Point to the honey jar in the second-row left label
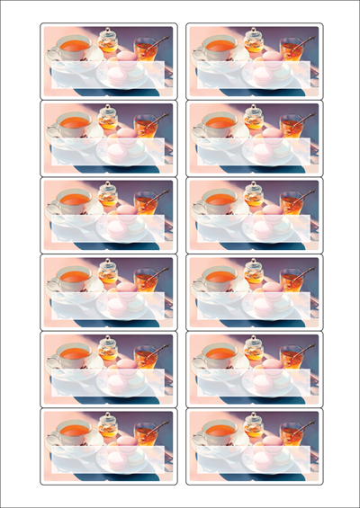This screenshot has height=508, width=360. (x=109, y=120)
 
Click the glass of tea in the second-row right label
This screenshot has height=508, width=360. (x=292, y=125)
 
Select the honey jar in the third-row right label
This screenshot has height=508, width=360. (x=255, y=197)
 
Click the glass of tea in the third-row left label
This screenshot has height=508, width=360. (x=146, y=202)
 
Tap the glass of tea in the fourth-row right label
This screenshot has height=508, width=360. (x=292, y=280)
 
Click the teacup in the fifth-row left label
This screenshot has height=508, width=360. (x=74, y=354)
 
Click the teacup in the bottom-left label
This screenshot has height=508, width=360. (x=74, y=432)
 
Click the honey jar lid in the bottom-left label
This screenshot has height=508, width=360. (x=109, y=417)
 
